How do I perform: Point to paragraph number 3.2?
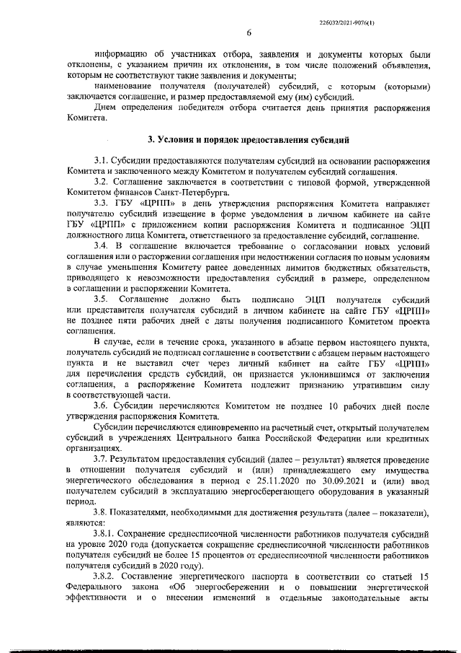coord(100,184)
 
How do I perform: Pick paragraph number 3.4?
coord(100,247)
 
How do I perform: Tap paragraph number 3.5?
coord(100,298)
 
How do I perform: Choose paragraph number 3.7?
coord(100,458)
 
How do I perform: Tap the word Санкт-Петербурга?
coord(197,194)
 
